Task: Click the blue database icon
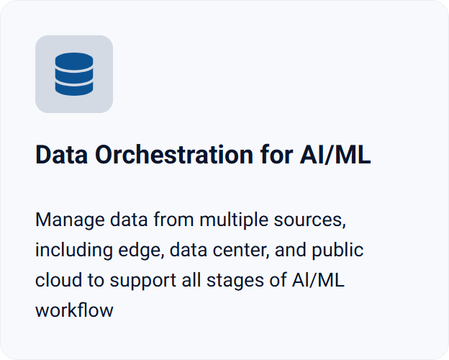coord(74,74)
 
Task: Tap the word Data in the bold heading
coord(61,156)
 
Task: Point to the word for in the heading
coord(273,156)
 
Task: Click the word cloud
coord(55,281)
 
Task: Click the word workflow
coord(74,311)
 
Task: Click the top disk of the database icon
coord(74,61)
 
